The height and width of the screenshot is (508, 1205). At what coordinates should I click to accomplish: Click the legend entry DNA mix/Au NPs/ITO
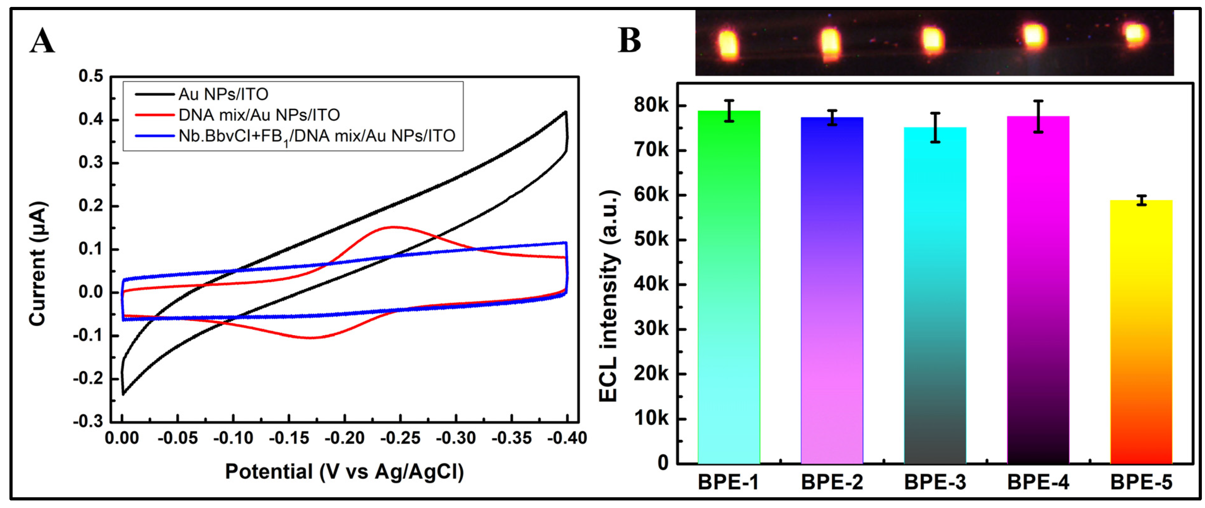point(259,115)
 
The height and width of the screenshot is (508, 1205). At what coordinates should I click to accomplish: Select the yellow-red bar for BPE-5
point(1141,332)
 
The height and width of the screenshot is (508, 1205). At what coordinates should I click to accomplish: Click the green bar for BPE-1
point(729,286)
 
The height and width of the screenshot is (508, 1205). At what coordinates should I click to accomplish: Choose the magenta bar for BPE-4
point(1038,290)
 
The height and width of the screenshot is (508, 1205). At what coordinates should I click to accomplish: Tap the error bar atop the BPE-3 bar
point(935,127)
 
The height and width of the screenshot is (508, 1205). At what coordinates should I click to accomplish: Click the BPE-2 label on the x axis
point(832,482)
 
